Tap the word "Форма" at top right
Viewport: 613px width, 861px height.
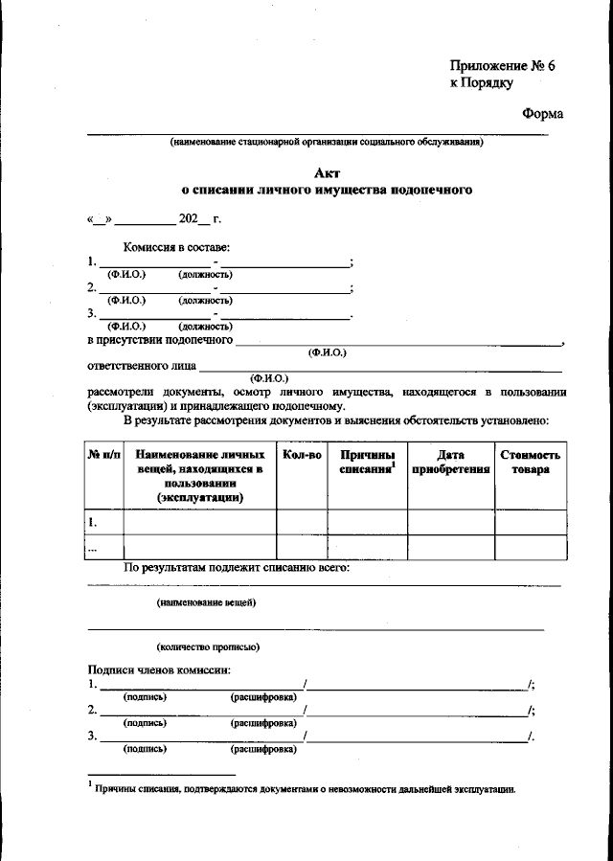542,114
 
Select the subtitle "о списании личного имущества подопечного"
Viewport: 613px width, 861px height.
327,191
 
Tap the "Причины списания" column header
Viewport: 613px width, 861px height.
367,462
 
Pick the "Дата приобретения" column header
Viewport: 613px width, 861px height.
450,462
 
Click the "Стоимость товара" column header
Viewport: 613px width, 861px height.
530,462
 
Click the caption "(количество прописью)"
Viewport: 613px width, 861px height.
208,646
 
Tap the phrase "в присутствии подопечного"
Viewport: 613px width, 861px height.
160,340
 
